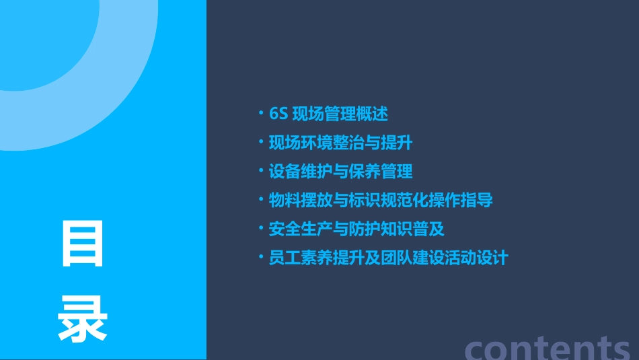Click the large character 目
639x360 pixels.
pyautogui.click(x=83, y=244)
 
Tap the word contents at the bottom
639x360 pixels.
pyautogui.click(x=548, y=348)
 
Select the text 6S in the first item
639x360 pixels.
pyautogui.click(x=278, y=114)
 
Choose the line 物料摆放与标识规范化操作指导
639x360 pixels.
pyautogui.click(x=381, y=201)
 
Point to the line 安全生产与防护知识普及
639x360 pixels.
pyautogui.click(x=356, y=229)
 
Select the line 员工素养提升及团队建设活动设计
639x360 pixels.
pyautogui.click(x=388, y=258)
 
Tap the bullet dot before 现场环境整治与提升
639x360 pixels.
pyautogui.click(x=261, y=142)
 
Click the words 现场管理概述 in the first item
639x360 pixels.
pyautogui.click(x=340, y=114)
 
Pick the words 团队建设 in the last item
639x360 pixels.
pyautogui.click(x=412, y=258)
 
